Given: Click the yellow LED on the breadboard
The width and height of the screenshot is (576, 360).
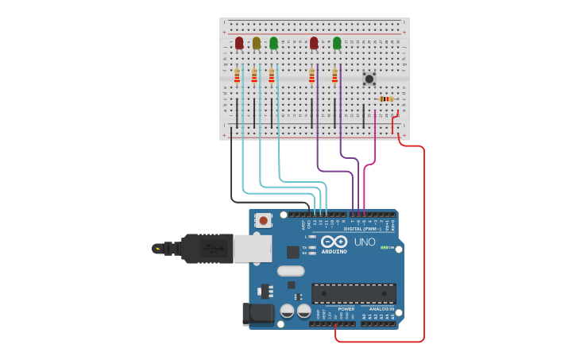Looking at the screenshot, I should [x=256, y=43].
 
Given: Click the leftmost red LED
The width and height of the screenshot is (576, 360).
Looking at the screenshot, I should [x=239, y=43].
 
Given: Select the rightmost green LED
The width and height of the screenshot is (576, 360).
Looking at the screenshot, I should [x=337, y=43].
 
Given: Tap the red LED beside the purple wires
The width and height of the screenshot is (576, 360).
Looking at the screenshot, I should [x=314, y=43].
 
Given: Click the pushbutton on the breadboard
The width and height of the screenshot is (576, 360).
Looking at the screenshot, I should [x=369, y=78].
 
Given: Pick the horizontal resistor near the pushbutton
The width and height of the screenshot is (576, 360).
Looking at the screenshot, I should [x=386, y=99].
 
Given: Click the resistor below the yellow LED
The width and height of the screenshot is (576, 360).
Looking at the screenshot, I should [x=254, y=75].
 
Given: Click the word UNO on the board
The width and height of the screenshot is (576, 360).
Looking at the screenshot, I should [x=365, y=242].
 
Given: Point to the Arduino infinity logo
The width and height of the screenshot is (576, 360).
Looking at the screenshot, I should [x=334, y=242].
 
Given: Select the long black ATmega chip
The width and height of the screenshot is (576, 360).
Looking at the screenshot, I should [x=354, y=293].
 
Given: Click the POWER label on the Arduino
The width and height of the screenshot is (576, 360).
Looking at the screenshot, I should [x=346, y=309].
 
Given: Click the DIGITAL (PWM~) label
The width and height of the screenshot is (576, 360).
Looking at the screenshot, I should [x=362, y=229].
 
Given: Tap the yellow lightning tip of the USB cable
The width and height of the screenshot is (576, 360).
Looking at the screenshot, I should [x=157, y=249].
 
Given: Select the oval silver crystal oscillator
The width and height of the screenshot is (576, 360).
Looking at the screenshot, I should [x=291, y=270].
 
